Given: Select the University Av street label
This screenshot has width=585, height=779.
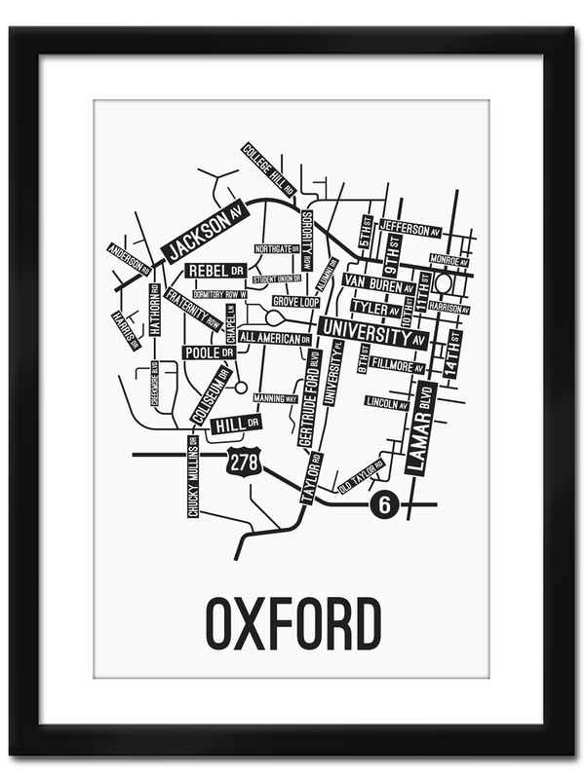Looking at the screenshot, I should [373, 332].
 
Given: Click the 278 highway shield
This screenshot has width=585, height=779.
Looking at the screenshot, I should [244, 462].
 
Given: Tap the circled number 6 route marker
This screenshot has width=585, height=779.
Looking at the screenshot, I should [384, 504].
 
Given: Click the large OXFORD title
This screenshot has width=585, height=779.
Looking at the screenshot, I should [292, 624].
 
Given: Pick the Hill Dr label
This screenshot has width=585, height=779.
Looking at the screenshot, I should [236, 425].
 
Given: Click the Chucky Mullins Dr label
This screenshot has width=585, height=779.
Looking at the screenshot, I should [193, 476].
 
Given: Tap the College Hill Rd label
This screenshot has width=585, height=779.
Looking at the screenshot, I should [268, 169].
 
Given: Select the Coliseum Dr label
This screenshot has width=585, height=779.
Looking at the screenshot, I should [211, 395].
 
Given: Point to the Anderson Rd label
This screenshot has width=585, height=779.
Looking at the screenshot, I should [128, 257].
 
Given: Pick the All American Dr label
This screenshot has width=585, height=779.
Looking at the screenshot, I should [274, 338].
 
